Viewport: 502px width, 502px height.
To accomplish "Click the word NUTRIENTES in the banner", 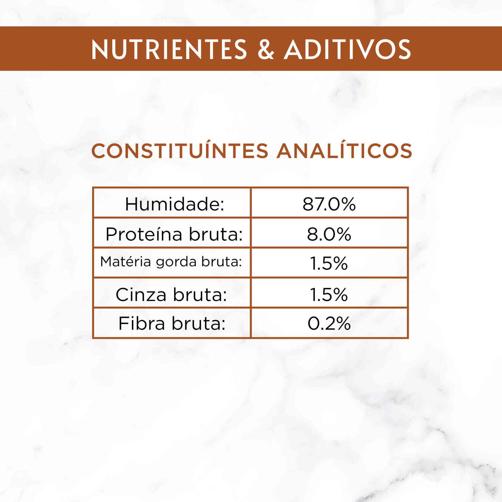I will coord(169,49).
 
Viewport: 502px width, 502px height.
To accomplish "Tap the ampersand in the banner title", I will coord(266,49).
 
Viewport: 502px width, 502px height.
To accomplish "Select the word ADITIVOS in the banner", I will coord(347,49).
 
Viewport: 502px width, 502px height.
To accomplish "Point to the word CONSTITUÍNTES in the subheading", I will coord(179,151).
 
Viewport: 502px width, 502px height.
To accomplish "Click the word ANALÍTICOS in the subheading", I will coord(344,151).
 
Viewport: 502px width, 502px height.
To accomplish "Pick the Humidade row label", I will coord(175,204).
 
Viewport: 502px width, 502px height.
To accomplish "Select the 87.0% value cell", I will coord(329,204).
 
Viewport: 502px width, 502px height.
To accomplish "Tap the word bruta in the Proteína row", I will coord(216,234).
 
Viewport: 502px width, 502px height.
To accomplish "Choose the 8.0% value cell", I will coord(329,234).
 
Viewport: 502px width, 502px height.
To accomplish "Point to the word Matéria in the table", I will coord(125,262).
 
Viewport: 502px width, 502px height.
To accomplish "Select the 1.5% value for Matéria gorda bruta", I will coord(329,264).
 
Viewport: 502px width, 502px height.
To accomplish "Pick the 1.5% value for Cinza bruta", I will coord(329,295).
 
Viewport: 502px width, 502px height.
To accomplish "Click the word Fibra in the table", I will coord(142,324).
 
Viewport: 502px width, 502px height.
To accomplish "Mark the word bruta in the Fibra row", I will coord(199,324).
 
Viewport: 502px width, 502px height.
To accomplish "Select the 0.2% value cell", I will coord(329,324).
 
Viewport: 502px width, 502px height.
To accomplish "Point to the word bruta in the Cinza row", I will coord(200,295).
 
